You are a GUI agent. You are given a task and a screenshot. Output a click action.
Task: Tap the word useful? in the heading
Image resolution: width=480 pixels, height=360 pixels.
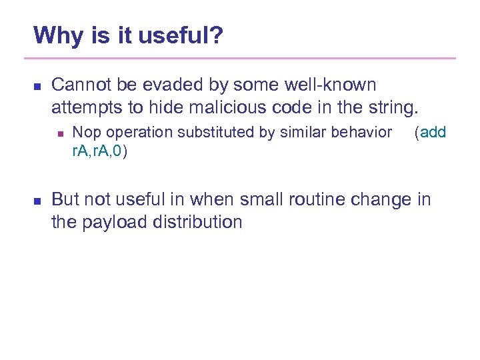pyautogui.click(x=181, y=35)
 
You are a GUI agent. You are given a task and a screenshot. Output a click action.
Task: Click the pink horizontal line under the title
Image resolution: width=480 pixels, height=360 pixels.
pyautogui.click(x=244, y=58)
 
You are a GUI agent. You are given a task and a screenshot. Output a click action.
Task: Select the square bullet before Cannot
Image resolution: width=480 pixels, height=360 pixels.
pyautogui.click(x=37, y=87)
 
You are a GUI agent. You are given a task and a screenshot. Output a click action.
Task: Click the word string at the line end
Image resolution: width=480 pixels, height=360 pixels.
pyautogui.click(x=396, y=107)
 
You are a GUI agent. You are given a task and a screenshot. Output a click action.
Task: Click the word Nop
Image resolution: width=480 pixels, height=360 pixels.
pyautogui.click(x=83, y=133)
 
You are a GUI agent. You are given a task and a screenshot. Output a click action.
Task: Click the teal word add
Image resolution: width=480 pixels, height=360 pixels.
pyautogui.click(x=433, y=133)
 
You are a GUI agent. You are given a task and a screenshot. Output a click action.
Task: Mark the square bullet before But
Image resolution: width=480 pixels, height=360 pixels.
pyautogui.click(x=37, y=201)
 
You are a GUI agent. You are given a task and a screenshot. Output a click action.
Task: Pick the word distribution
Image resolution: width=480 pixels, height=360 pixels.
pyautogui.click(x=200, y=221)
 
